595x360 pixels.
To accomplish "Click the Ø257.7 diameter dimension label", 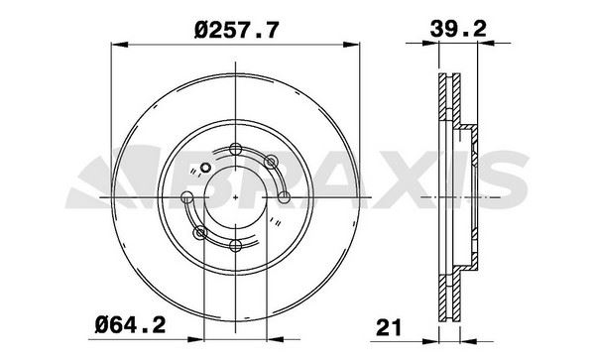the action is (x=237, y=30).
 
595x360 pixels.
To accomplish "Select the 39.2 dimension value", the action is (x=458, y=29).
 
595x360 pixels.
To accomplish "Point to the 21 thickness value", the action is (x=388, y=327).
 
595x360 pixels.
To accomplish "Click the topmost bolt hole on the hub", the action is (x=236, y=149).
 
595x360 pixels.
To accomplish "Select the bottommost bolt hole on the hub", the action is (x=236, y=245).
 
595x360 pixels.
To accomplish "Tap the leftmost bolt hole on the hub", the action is (x=187, y=197).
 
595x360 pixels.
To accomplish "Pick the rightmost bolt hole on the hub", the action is (x=284, y=197).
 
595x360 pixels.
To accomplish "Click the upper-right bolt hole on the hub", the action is (x=270, y=163).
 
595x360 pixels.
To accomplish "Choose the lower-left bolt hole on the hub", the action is (x=200, y=232).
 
